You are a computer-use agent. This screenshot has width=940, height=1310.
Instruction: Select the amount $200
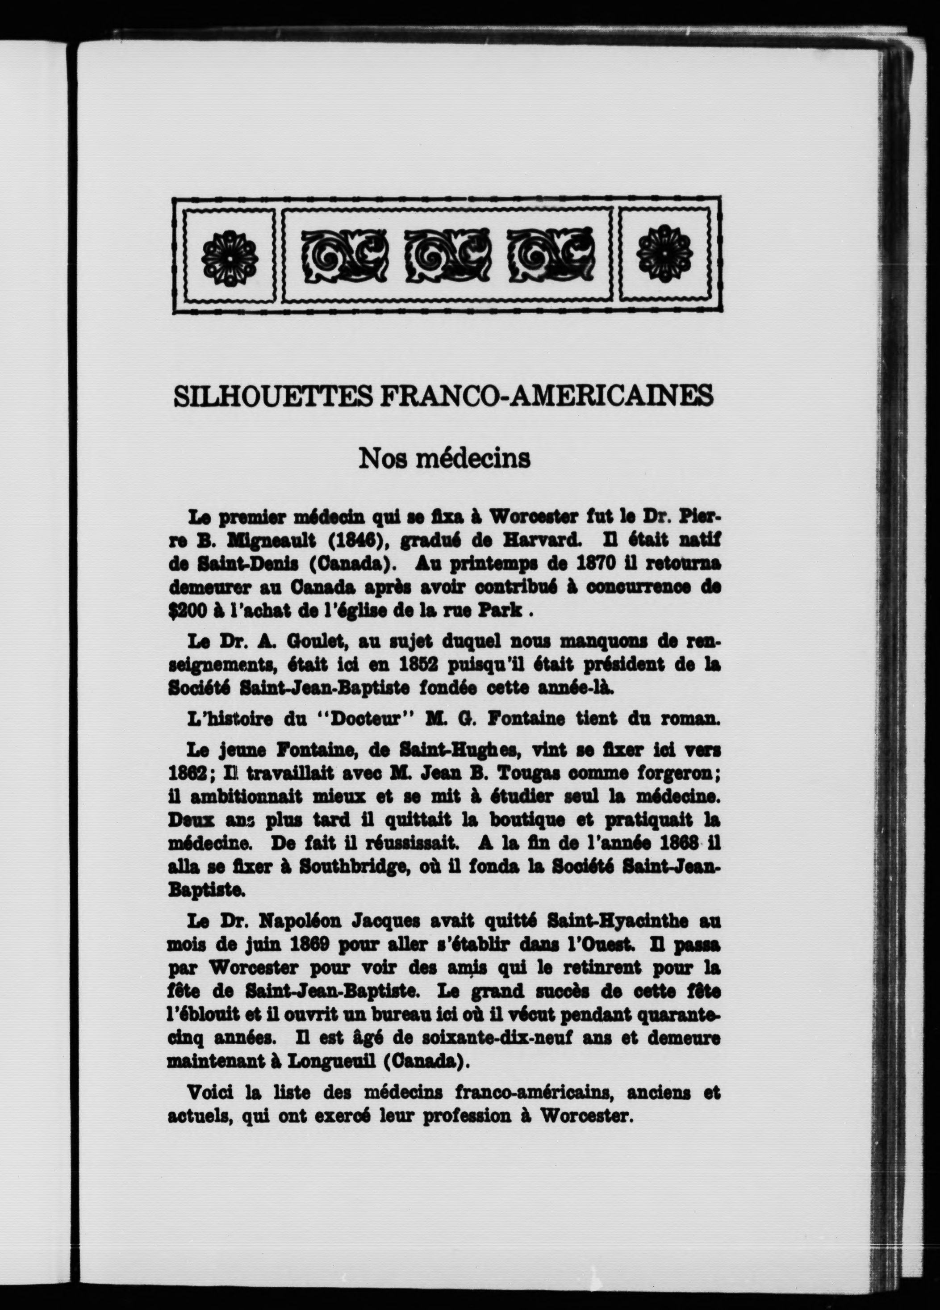[x=185, y=611]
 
